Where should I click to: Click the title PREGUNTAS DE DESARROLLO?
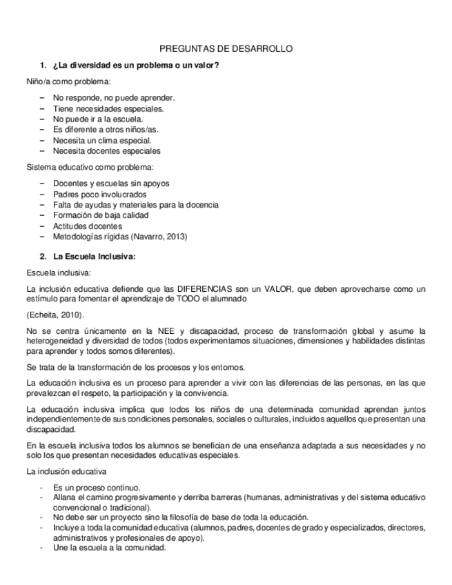coord(226,49)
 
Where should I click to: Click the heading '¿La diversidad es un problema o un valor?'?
coord(136,66)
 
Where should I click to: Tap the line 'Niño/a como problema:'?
coord(68,81)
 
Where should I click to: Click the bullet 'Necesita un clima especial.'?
coord(101,140)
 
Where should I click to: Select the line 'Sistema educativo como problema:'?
coord(90,168)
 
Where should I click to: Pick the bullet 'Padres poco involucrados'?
coord(99,195)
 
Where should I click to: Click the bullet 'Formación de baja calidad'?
coord(101,215)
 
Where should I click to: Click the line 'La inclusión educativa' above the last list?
coord(66,472)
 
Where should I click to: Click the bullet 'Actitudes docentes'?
coord(88,226)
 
